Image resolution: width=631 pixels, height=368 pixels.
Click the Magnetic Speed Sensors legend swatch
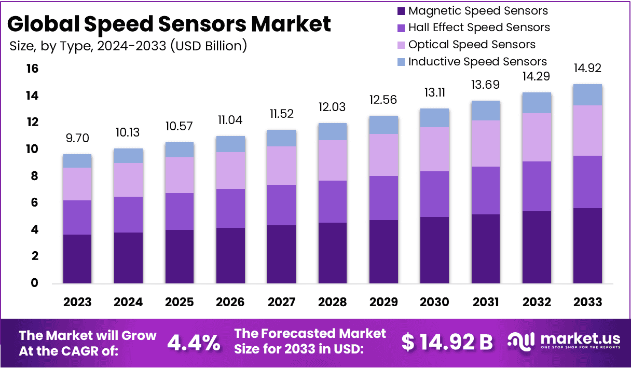point(401,11)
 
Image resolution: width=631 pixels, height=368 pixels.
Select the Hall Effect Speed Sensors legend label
point(479,28)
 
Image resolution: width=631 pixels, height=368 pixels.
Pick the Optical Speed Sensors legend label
point(472,45)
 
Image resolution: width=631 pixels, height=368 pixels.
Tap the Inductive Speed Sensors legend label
point(477,62)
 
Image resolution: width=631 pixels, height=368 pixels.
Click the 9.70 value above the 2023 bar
point(77,139)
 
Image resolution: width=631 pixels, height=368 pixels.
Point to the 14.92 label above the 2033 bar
point(587,69)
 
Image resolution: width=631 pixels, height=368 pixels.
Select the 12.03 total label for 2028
point(332,108)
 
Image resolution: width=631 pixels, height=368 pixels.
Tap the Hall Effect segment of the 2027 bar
point(281,205)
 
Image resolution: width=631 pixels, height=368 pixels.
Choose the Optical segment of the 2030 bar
point(434,149)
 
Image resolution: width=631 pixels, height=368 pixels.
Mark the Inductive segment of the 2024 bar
point(128,156)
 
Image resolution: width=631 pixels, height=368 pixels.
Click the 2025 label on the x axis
point(179,302)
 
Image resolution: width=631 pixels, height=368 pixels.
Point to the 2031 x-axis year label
point(485,302)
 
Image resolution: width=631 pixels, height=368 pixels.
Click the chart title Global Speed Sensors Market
point(169,24)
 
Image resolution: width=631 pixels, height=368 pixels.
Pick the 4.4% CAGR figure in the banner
point(194,343)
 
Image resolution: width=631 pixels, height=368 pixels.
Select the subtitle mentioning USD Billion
point(128,46)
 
